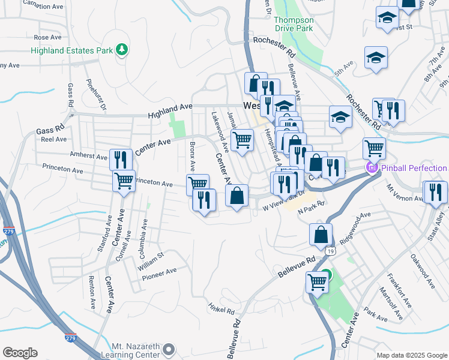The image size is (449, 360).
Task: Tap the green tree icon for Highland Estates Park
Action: tap(122, 49)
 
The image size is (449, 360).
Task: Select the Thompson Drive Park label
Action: tap(294, 24)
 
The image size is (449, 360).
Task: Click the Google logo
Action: tap(20, 353)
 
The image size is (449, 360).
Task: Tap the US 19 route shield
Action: tap(331, 250)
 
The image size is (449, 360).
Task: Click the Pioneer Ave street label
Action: tap(159, 274)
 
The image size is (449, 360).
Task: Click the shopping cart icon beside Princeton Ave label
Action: tap(124, 180)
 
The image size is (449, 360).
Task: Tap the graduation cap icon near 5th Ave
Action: tap(376, 58)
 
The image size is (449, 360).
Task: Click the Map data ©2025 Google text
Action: tap(411, 355)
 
